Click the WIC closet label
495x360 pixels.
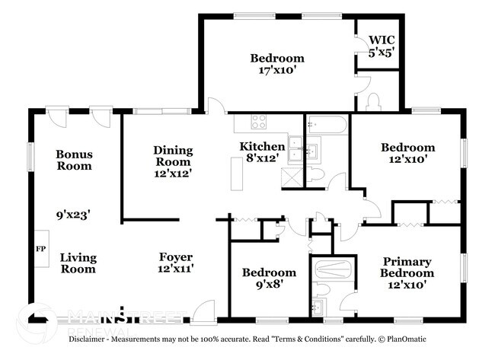(382, 40)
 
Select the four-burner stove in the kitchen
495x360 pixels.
(259, 120)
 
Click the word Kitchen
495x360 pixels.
(262, 146)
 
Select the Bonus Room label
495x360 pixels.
(74, 160)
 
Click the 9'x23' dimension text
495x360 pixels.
(73, 215)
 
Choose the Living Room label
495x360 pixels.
(78, 263)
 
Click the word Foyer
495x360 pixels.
(175, 256)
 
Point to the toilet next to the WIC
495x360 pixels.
(373, 101)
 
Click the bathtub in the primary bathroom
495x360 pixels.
(331, 269)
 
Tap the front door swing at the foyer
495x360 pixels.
(202, 311)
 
